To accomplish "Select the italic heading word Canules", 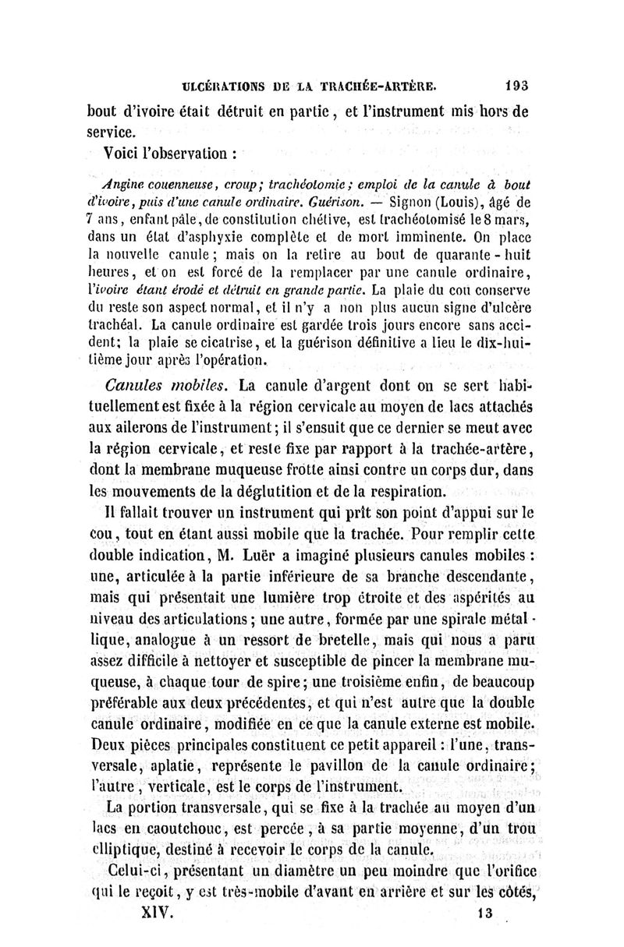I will [x=137, y=384].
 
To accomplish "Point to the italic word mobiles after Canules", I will [x=201, y=384].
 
